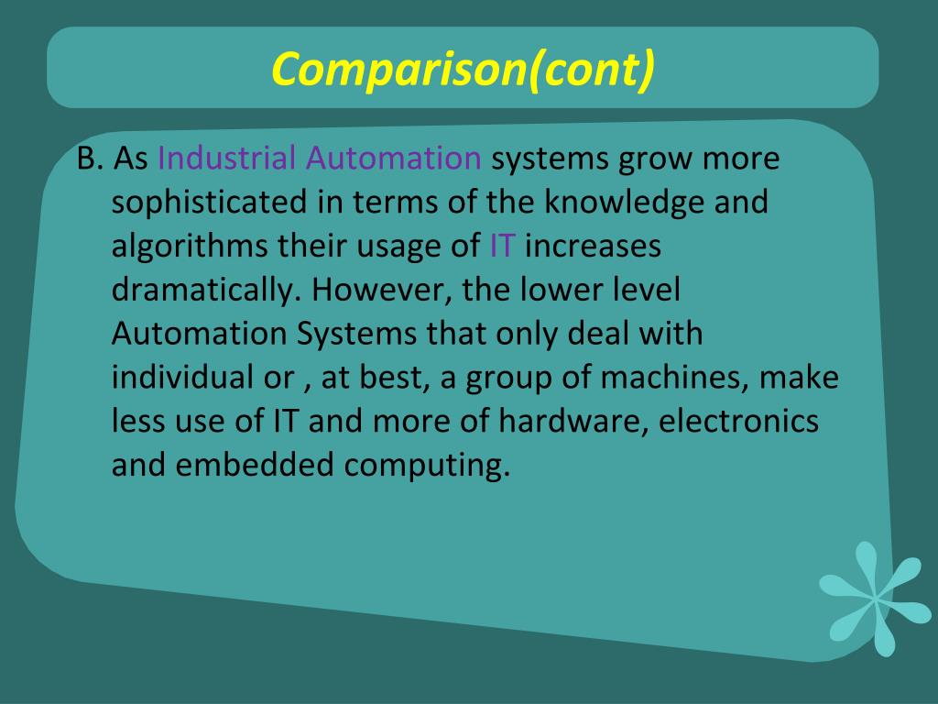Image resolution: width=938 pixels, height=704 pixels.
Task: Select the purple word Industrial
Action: [x=228, y=159]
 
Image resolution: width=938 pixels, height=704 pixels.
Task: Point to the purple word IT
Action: [x=503, y=247]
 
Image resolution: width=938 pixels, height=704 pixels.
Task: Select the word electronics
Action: [x=738, y=422]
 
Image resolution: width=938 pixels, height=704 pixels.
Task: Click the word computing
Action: [x=427, y=467]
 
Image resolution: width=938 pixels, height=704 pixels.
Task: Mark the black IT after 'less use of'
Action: [x=282, y=422]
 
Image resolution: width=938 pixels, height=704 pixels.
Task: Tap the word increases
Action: [x=593, y=247]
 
